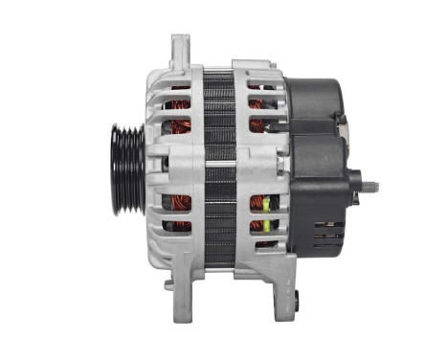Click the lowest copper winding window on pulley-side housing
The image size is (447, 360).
[179, 226]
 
